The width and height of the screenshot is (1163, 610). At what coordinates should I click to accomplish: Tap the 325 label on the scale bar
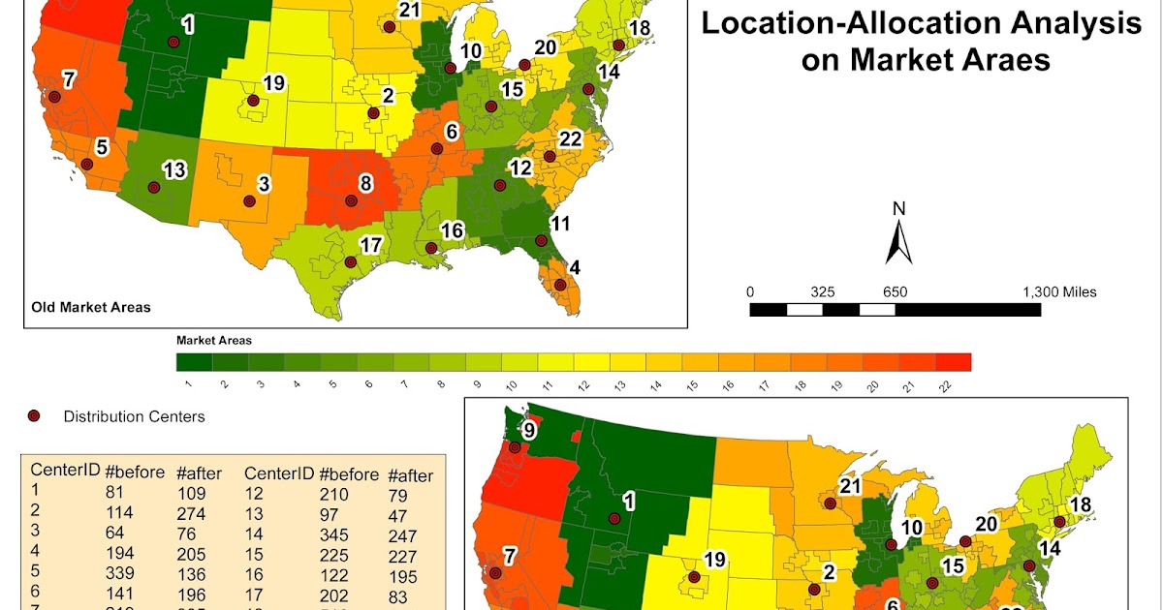point(822,291)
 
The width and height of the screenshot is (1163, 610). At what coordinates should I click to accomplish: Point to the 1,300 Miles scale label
point(1059,291)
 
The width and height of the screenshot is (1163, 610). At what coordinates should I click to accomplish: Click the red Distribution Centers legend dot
point(34,416)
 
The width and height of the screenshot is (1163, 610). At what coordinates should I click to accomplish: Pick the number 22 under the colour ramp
point(952,384)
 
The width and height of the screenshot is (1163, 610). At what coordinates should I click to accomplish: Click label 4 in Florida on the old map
point(575,267)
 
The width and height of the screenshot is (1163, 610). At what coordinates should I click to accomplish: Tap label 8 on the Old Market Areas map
point(365,183)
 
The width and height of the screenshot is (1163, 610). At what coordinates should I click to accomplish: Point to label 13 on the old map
point(173,171)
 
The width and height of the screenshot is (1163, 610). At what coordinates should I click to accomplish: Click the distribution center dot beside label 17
point(350,261)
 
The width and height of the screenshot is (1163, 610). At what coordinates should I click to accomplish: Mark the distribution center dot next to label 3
point(249,201)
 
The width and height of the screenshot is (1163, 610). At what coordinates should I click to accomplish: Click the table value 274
point(190,513)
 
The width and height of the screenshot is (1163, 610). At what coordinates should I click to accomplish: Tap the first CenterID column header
point(65,472)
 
